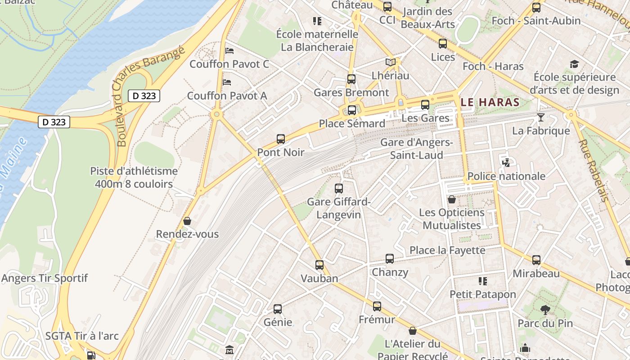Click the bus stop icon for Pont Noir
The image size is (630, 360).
281,139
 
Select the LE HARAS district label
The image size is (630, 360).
490,102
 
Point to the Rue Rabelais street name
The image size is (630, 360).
594,170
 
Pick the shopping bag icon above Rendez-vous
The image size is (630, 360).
187,221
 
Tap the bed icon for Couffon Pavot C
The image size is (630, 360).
229,51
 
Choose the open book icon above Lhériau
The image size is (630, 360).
391,62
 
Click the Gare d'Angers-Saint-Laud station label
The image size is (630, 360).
416,149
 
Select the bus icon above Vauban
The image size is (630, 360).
319,265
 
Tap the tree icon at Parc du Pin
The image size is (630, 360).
545,310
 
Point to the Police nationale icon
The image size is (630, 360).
506,163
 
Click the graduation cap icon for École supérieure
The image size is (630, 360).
574,64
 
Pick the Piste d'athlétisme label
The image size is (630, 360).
134,177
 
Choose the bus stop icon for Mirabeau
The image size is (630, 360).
536,260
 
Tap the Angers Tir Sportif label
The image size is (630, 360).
45,278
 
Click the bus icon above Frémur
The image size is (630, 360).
377,306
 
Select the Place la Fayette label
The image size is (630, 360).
447,250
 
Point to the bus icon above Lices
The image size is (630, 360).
443,44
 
